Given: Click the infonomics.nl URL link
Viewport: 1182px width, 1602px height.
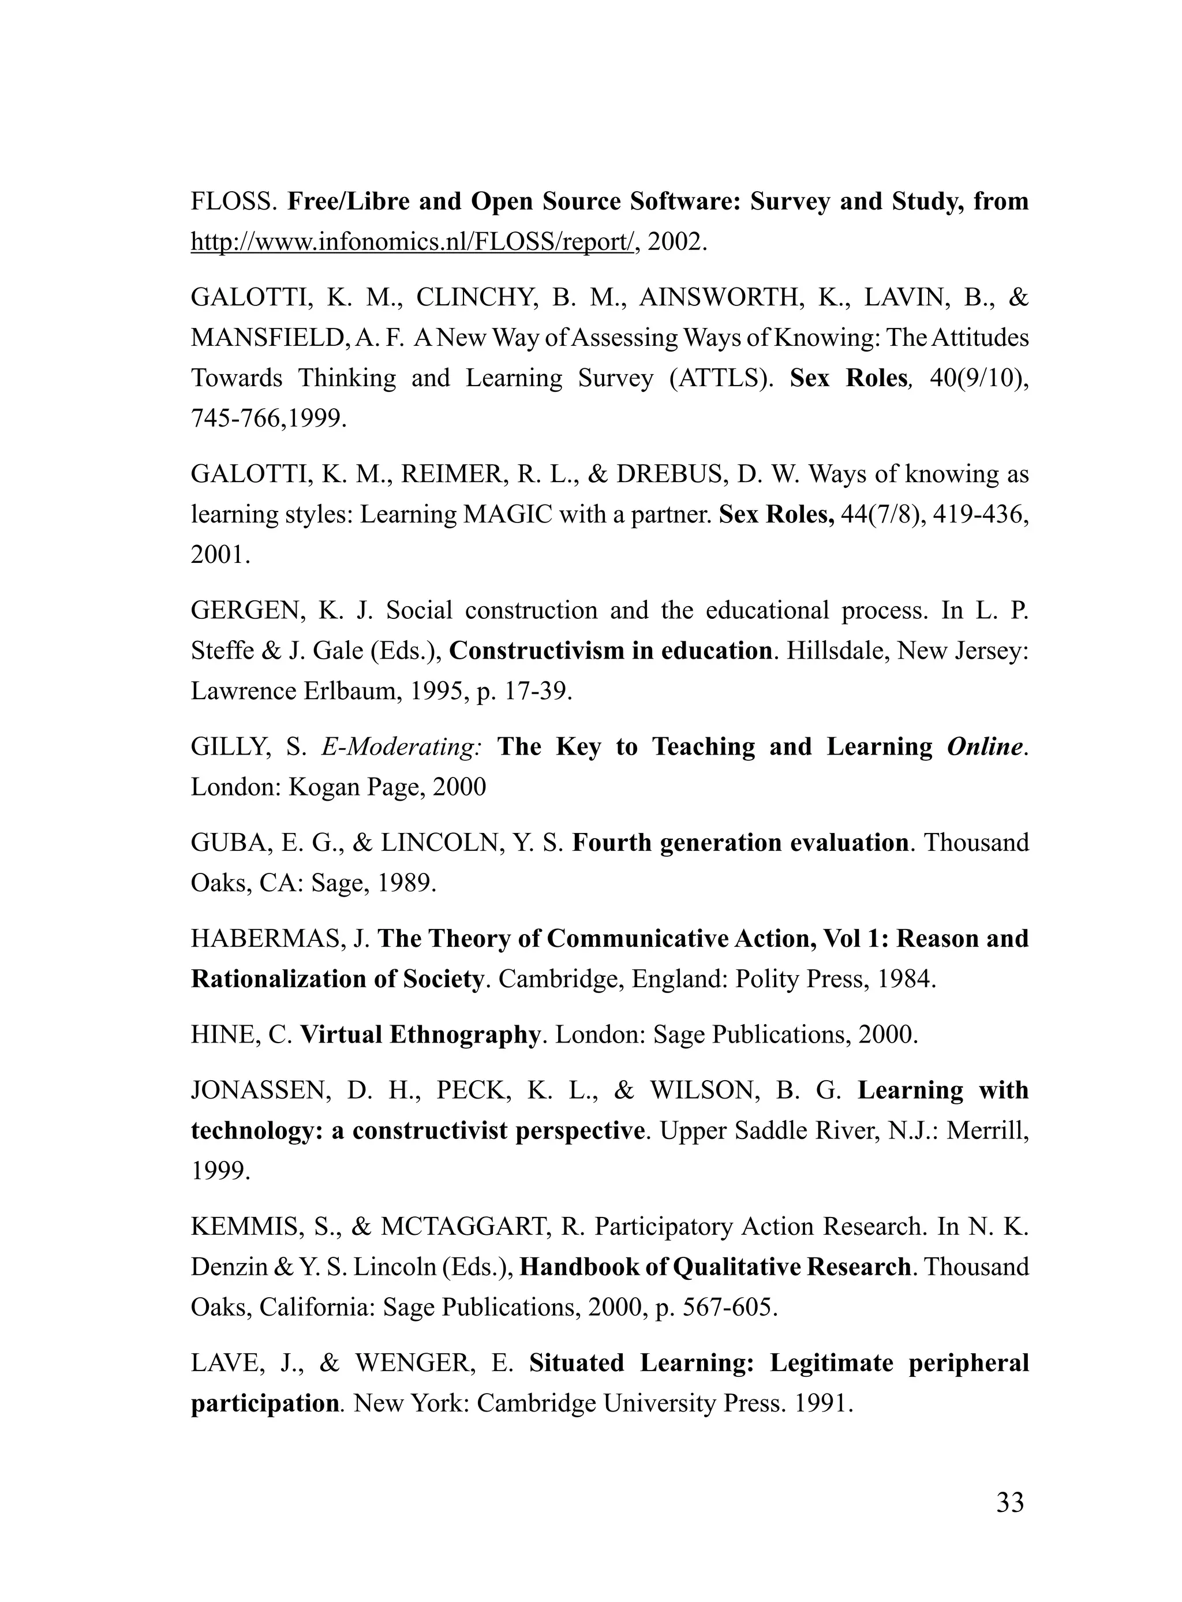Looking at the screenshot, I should [x=412, y=242].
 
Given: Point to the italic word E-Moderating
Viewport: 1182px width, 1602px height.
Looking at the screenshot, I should [x=401, y=746].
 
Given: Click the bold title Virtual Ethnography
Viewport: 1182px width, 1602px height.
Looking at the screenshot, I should [x=419, y=1034].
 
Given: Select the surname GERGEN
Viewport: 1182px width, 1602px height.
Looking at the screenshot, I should [x=248, y=610].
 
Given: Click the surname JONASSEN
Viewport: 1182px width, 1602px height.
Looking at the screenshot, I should [x=260, y=1090].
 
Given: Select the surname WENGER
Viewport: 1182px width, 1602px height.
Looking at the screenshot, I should [x=415, y=1362].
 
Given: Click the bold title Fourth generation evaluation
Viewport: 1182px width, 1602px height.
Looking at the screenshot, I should [x=740, y=842].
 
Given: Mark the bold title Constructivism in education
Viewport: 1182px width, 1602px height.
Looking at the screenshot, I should [x=610, y=651].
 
